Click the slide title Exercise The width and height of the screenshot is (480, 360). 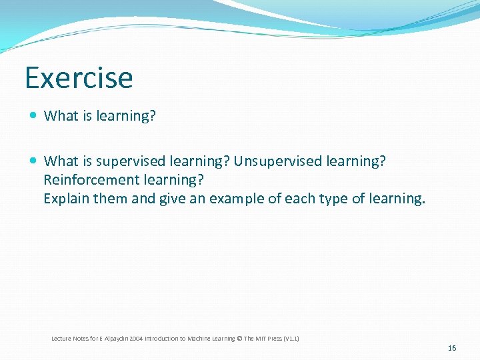click(79, 77)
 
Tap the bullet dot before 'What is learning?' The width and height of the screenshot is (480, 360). click(33, 116)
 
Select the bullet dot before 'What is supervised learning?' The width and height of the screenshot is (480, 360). click(33, 161)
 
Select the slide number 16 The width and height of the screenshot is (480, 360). click(452, 348)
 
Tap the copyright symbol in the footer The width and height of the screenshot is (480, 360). click(240, 339)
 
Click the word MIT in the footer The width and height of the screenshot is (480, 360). click(259, 339)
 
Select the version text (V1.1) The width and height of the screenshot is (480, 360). click(291, 339)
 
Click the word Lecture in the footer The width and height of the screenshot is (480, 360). click(61, 339)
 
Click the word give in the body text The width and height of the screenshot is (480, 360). click(173, 199)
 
